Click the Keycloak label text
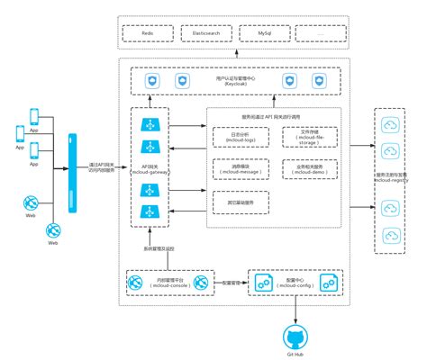click(x=242, y=84)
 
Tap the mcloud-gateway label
click(x=145, y=172)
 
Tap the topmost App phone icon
click(x=34, y=115)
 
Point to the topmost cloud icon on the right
click(x=391, y=125)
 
